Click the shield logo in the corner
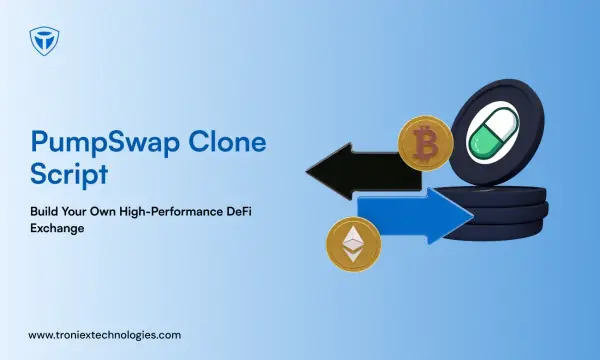point(44,41)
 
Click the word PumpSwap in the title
point(105,143)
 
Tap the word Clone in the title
point(227,142)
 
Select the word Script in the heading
point(69,174)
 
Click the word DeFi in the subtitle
point(239,211)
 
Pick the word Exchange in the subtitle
point(57,228)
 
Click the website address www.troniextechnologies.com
point(104,335)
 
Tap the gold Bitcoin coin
point(426,143)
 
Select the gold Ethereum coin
point(353,244)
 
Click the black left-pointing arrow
point(364,171)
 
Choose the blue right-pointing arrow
point(415,216)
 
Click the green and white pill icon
point(493,130)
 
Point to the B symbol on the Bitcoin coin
point(425,143)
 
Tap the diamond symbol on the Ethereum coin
point(352,244)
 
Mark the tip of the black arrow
point(306,171)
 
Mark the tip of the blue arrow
point(474,216)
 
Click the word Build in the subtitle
point(44,211)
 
